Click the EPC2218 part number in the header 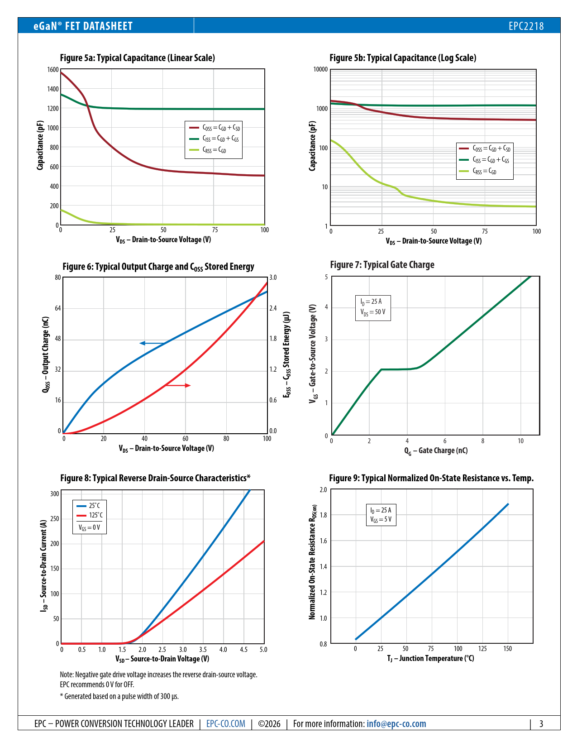point(526,26)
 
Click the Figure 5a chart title point(137,58)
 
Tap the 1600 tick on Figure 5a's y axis point(53,70)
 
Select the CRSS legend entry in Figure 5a point(214,150)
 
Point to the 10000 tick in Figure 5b point(320,69)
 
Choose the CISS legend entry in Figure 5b point(484,160)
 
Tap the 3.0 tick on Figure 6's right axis point(273,278)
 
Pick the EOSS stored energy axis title point(286,354)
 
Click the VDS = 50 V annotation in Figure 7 point(373,312)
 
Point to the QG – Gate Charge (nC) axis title point(436,450)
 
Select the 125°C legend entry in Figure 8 point(90,515)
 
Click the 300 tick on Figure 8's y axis point(55,494)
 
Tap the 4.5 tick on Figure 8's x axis point(243,650)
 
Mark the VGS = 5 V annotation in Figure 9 point(381,520)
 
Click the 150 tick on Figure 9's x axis point(508,649)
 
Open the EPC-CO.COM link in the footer point(226,724)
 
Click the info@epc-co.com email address point(396,724)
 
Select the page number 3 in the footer point(541,724)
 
